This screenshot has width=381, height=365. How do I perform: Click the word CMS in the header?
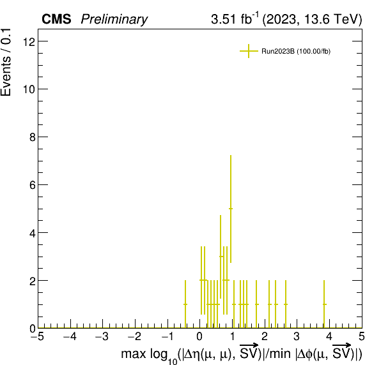(56, 19)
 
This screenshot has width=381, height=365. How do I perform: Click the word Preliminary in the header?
(114, 19)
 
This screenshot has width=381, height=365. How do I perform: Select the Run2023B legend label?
(296, 52)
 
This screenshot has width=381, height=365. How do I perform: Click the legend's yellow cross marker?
(249, 51)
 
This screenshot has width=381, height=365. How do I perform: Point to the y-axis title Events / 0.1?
(6, 63)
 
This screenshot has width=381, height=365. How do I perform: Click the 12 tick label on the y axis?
(29, 41)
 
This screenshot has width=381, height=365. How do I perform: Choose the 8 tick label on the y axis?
(33, 137)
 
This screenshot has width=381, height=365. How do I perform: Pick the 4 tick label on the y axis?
(33, 233)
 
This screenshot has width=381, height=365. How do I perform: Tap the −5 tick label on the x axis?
(38, 337)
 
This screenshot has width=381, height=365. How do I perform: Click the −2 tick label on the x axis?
(135, 337)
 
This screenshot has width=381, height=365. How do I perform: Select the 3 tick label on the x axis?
(297, 337)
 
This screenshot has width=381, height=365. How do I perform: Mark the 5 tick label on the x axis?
(362, 337)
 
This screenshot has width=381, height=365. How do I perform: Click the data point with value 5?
(231, 209)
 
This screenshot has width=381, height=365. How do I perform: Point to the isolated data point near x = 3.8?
(324, 304)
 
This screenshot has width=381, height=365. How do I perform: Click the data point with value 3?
(221, 257)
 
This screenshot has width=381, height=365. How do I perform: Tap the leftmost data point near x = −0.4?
(185, 304)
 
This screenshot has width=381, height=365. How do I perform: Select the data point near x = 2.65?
(286, 304)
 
